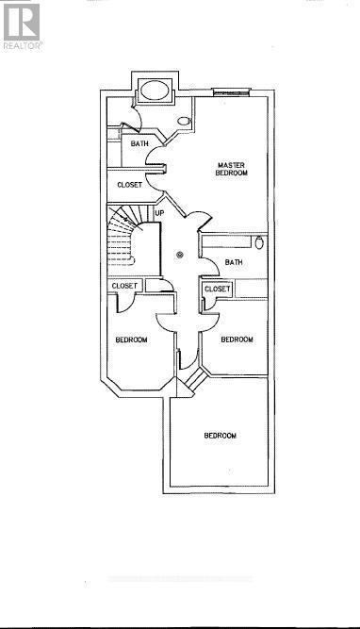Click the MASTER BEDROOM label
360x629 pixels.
pyautogui.click(x=232, y=168)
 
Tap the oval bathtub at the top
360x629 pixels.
pyautogui.click(x=154, y=92)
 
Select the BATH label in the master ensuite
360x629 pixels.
pyautogui.click(x=139, y=144)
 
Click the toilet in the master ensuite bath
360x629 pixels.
pyautogui.click(x=184, y=122)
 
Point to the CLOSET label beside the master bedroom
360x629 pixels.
pyautogui.click(x=130, y=185)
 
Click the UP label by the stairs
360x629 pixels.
pyautogui.click(x=159, y=213)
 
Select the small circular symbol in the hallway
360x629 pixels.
pyautogui.click(x=181, y=254)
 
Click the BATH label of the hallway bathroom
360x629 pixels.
pyautogui.click(x=234, y=262)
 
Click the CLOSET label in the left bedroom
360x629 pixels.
pyautogui.click(x=124, y=286)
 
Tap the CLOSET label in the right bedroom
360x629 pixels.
pyautogui.click(x=217, y=289)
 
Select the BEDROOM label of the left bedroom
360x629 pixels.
pyautogui.click(x=131, y=339)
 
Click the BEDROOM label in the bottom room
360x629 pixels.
pyautogui.click(x=220, y=436)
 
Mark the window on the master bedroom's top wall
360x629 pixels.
pyautogui.click(x=232, y=92)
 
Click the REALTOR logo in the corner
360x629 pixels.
pyautogui.click(x=21, y=25)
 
